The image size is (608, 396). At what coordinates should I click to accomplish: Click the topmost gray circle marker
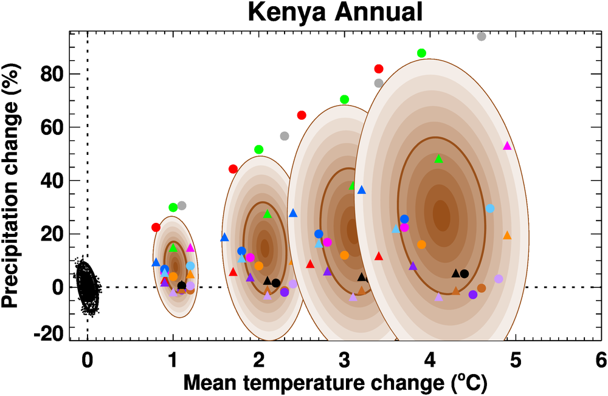(x=482, y=36)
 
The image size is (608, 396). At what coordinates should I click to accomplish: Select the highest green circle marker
(x=421, y=53)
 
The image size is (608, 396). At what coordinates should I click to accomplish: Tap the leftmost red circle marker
(x=156, y=227)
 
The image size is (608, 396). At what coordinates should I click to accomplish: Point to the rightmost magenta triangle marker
(x=508, y=146)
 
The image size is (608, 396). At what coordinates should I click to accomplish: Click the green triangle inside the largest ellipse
(x=439, y=159)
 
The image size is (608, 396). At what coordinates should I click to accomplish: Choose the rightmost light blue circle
(x=490, y=208)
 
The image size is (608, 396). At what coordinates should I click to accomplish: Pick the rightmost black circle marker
(x=465, y=273)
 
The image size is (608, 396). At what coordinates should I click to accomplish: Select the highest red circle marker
(x=379, y=69)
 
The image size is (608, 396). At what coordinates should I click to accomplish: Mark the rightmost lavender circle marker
(x=499, y=279)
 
